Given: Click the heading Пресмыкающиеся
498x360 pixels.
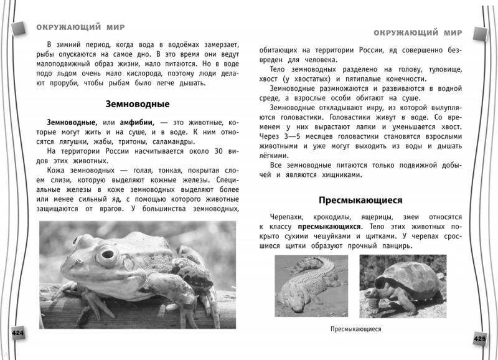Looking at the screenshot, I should point(360,200).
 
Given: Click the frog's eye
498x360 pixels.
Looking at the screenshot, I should point(108,254).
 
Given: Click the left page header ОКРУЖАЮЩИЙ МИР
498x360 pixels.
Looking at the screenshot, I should point(82,27).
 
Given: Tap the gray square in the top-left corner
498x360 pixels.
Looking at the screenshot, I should point(18,24).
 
